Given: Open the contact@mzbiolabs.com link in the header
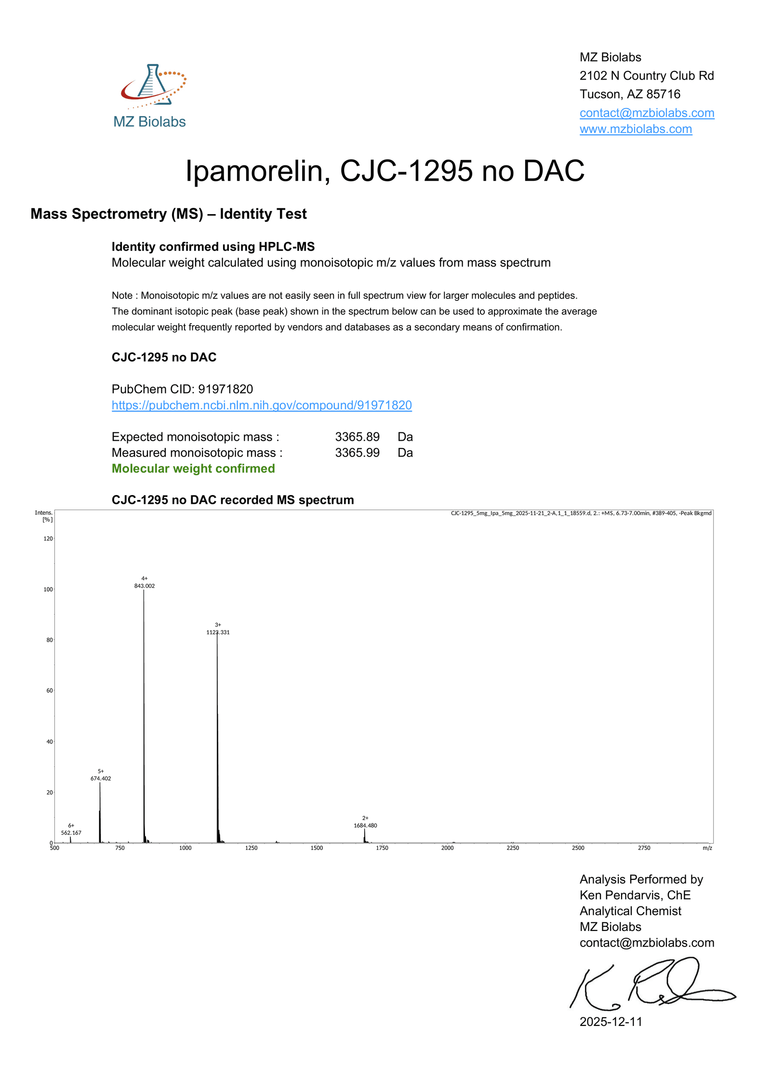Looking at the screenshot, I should [647, 113].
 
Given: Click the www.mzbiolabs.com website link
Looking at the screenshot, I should [636, 129].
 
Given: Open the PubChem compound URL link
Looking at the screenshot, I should [262, 405].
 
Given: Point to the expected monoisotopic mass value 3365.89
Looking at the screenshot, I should [357, 437].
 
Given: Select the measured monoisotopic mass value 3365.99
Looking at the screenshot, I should [357, 453].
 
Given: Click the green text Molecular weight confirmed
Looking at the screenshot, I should [193, 469].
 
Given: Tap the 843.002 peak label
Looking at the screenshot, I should [145, 586].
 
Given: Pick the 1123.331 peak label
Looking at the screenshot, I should [218, 632].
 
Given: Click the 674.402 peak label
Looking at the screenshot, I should [101, 779].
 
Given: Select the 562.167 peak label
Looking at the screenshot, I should [71, 833].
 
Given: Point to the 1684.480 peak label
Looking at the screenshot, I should [365, 825].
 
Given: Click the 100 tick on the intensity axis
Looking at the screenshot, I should [48, 589].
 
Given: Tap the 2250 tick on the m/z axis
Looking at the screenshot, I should [513, 848].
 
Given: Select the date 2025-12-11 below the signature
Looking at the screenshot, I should [611, 1022].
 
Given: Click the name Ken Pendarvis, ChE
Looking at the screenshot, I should [635, 895].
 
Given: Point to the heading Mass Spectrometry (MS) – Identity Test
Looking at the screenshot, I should [169, 214].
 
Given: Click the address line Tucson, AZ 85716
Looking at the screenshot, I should [630, 94].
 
